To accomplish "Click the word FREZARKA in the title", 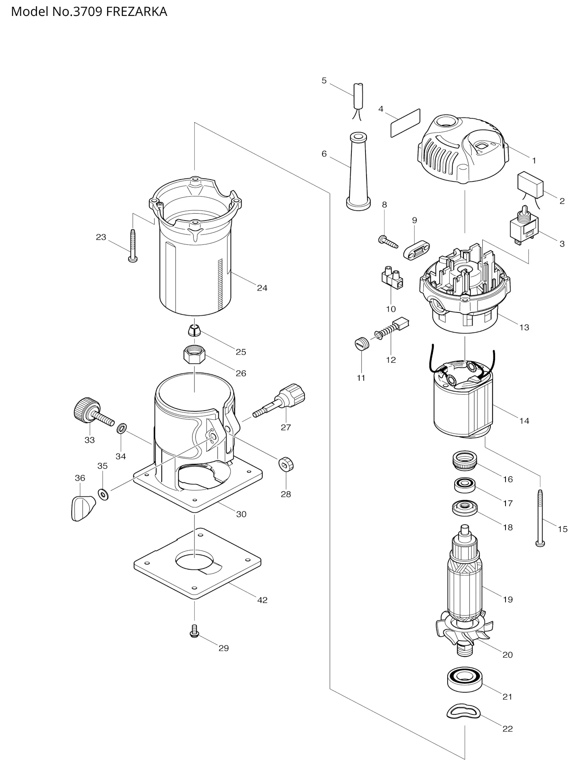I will click(x=136, y=12).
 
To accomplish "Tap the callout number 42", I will click(x=262, y=600).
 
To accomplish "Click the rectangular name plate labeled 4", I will click(x=405, y=123).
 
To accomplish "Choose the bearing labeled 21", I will click(x=464, y=679).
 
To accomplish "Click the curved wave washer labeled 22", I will click(x=464, y=712).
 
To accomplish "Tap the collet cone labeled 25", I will click(x=194, y=330).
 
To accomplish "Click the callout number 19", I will click(x=508, y=599).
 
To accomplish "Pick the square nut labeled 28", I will click(x=286, y=464).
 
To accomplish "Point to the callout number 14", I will click(x=524, y=421).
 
